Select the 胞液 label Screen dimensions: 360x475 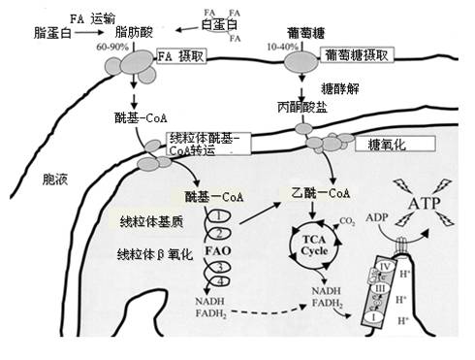coord(42,180)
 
